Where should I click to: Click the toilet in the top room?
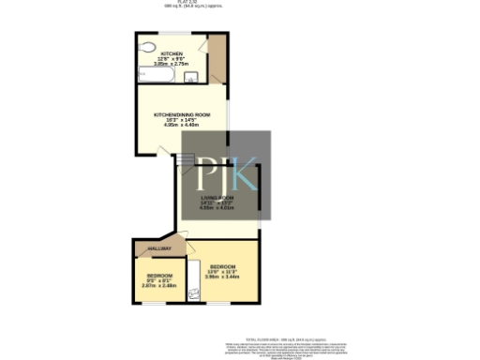(147, 47)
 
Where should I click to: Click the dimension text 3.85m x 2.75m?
(172, 65)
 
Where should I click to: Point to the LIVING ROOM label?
(216, 199)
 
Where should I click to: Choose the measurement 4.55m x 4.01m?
(216, 208)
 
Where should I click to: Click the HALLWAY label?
(148, 248)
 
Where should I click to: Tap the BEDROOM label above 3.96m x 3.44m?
(223, 267)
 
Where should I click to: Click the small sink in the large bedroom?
(195, 293)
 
